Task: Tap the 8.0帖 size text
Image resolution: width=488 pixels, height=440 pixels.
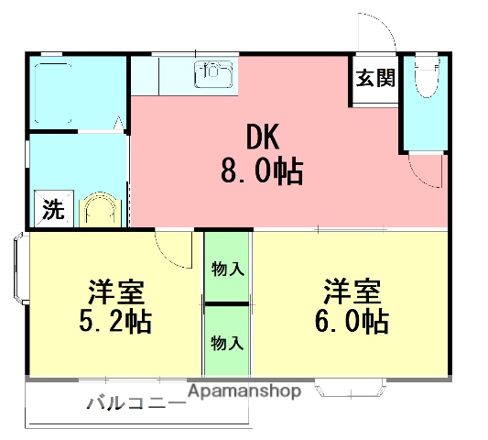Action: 262,172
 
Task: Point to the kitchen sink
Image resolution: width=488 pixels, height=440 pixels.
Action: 213,71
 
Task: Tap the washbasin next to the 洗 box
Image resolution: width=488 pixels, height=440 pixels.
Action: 99,211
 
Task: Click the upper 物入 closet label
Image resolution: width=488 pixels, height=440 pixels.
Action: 226,269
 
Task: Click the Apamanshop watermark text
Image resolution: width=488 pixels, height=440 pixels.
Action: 244,391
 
